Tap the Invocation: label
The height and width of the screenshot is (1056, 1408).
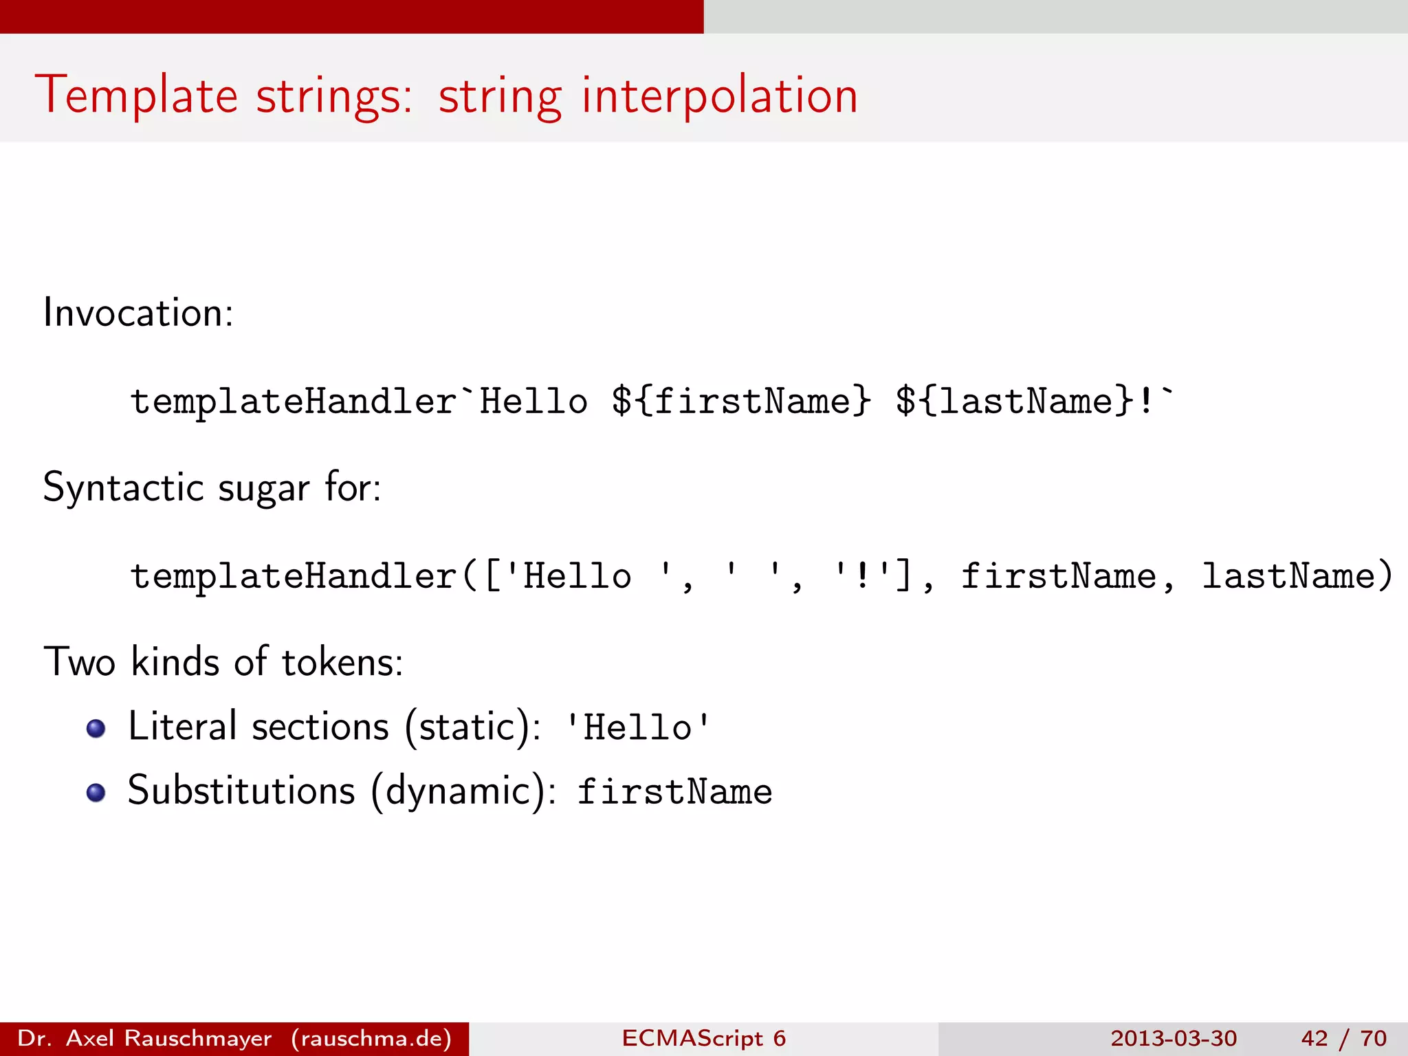[x=138, y=313]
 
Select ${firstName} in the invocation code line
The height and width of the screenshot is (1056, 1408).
[x=741, y=401]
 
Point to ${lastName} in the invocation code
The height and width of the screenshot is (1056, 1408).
[x=1013, y=401]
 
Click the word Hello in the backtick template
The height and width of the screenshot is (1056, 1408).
[x=533, y=401]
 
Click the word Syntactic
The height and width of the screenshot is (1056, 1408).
[x=124, y=488]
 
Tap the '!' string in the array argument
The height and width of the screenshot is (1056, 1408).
[x=862, y=575]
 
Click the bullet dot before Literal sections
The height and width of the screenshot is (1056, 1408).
[x=96, y=729]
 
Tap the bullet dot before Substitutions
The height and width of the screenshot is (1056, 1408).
[x=96, y=793]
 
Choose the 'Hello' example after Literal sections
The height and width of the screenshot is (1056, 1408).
[x=637, y=727]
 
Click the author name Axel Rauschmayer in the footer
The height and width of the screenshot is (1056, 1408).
[x=168, y=1038]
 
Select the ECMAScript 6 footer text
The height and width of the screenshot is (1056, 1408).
[x=703, y=1038]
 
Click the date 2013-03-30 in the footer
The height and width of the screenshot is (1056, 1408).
[x=1173, y=1038]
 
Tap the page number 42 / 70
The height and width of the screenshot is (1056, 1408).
[x=1343, y=1038]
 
